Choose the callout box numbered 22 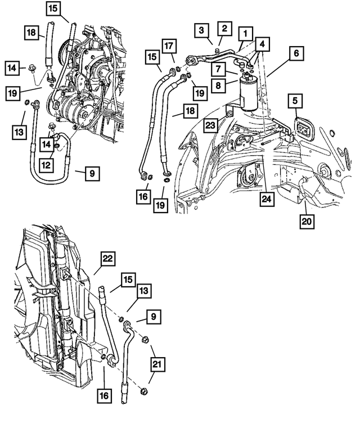pos(108,260)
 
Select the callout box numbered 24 pos(267,200)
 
